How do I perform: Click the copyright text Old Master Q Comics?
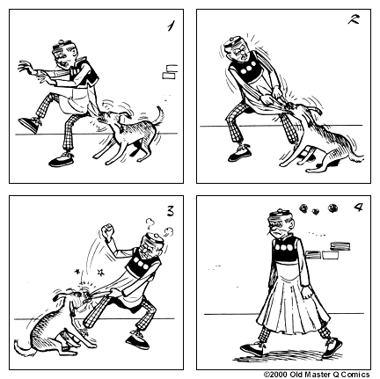point(319,374)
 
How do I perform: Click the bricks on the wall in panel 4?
point(334,254)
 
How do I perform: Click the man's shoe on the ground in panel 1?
point(61,159)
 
